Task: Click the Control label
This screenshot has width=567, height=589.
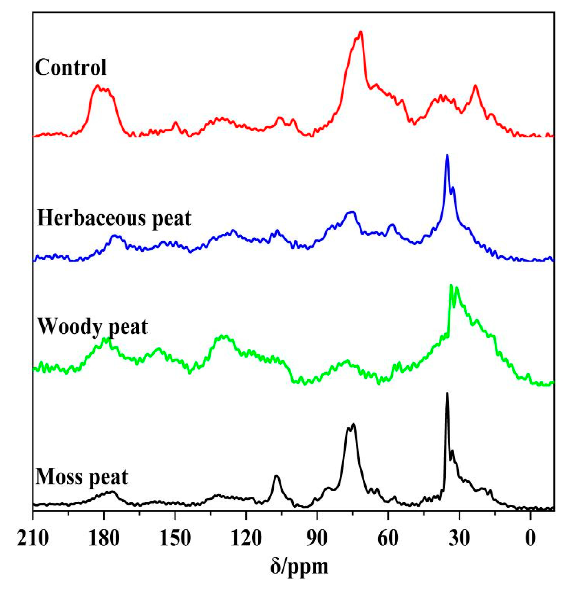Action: click(x=71, y=67)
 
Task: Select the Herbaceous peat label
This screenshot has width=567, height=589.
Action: click(x=114, y=218)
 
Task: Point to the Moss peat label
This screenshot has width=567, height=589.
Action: click(x=82, y=477)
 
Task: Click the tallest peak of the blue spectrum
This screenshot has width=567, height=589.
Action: click(x=447, y=156)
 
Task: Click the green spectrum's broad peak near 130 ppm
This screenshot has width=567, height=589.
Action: click(x=222, y=336)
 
